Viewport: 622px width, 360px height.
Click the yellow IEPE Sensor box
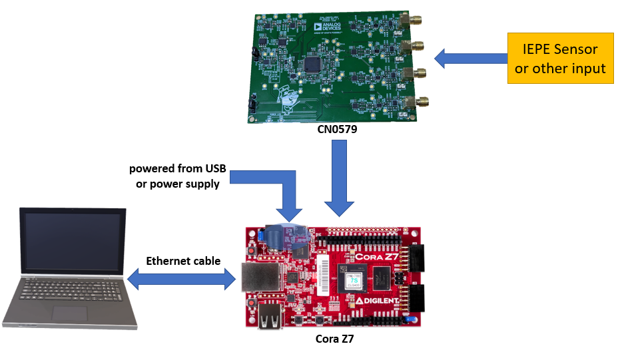pos(560,59)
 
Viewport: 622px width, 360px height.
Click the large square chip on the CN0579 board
pos(312,65)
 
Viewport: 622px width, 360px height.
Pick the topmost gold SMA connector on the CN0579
pos(416,19)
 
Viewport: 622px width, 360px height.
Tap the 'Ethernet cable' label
pos(183,261)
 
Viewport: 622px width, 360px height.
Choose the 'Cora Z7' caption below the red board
pos(334,339)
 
